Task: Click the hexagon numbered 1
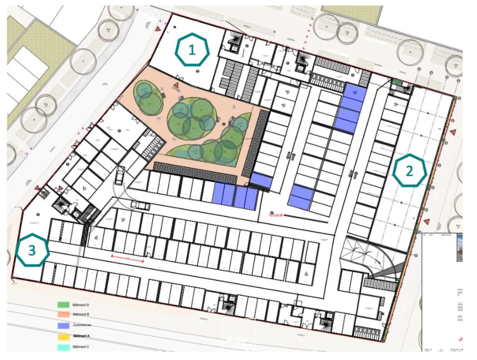[x=192, y=50]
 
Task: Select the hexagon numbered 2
[x=409, y=171]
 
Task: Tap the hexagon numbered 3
[x=32, y=250]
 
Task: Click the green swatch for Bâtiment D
[x=63, y=305]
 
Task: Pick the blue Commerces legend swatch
[x=63, y=325]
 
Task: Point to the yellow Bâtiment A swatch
[x=63, y=336]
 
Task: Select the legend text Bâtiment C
[x=81, y=347]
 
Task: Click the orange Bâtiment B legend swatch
[x=63, y=314]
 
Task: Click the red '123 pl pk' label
[x=276, y=215]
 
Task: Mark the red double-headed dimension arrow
[x=128, y=259]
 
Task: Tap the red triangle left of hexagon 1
[x=158, y=29]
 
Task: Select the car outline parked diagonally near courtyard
[x=120, y=176]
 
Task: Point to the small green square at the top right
[x=396, y=82]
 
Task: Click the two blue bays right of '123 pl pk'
[x=301, y=197]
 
